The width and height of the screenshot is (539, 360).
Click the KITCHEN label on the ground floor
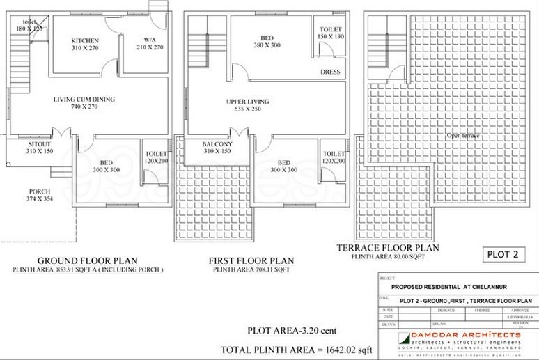86,40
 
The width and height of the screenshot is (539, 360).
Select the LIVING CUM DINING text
84,100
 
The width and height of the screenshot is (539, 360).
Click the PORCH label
40,191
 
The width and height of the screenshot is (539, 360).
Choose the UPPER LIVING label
248,102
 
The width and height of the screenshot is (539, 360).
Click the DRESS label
329,72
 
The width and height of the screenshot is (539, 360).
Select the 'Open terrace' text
463,135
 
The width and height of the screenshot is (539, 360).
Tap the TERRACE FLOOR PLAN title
387,248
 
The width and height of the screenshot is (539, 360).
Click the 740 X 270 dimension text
84,108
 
